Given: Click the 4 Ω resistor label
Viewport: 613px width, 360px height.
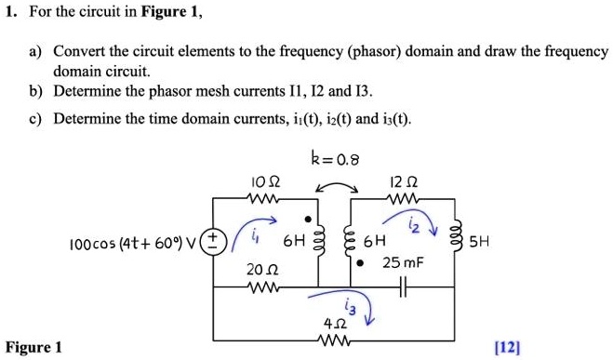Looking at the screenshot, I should click(x=333, y=325).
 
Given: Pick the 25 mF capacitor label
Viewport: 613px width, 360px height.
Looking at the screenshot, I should click(x=404, y=263).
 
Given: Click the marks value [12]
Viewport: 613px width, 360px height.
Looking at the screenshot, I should click(x=507, y=347).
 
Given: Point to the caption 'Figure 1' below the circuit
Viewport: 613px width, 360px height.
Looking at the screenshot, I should click(x=33, y=347).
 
